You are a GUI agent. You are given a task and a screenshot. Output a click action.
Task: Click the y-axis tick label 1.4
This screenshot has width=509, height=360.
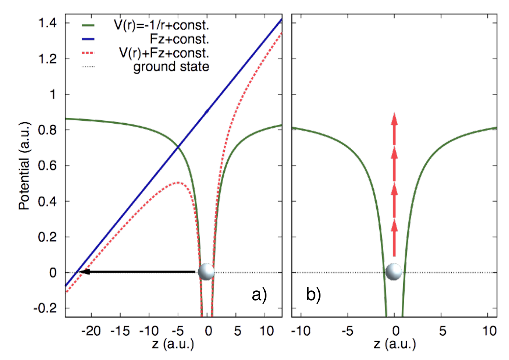(x=47, y=23)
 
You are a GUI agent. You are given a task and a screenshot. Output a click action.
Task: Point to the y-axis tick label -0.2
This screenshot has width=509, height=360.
(x=45, y=309)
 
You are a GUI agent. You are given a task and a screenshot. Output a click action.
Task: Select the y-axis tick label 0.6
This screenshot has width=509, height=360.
(x=47, y=166)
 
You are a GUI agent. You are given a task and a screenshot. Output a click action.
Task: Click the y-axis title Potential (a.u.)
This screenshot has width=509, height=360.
(x=25, y=166)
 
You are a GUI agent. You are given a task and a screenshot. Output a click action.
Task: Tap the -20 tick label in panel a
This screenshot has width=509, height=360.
(x=91, y=331)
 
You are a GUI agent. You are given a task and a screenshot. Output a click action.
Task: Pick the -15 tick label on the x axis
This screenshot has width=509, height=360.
(x=120, y=331)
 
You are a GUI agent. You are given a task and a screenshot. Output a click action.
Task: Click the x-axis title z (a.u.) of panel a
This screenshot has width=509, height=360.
(x=173, y=344)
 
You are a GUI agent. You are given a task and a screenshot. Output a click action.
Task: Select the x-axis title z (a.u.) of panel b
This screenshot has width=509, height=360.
(x=395, y=344)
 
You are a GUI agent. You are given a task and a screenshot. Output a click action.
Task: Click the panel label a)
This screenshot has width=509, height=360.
(x=260, y=295)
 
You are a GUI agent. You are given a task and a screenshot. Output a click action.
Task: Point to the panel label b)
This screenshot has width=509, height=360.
(x=314, y=295)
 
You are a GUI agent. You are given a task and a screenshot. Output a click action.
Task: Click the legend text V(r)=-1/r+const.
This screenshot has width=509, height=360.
(x=161, y=25)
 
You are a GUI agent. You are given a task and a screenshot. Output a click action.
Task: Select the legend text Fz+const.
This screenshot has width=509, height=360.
(x=179, y=39)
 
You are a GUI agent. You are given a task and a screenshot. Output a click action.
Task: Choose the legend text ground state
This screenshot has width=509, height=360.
(x=171, y=67)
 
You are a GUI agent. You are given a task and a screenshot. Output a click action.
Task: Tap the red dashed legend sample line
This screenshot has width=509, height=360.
(x=88, y=53)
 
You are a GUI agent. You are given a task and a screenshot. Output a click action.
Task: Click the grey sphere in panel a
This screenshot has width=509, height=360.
(x=206, y=272)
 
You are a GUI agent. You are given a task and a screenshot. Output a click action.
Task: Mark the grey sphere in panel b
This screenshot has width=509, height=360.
(x=394, y=272)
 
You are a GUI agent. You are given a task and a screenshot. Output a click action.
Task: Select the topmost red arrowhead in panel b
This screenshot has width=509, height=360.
(x=394, y=119)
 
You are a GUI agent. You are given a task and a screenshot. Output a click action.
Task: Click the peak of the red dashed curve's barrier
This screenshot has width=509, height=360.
(x=178, y=182)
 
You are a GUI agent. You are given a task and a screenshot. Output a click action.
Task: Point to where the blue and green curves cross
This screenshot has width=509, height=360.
(x=178, y=146)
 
